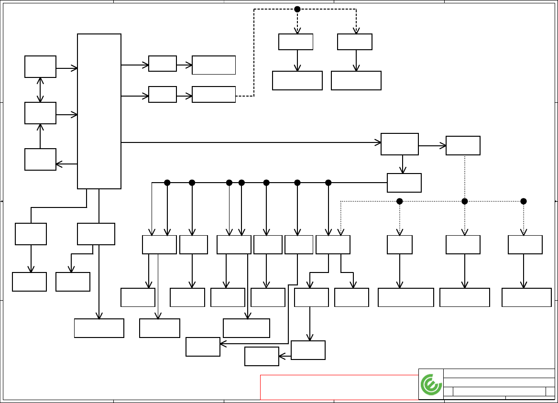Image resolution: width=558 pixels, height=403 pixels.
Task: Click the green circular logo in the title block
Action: [431, 385]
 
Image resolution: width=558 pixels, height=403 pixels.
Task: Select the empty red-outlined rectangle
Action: [339, 387]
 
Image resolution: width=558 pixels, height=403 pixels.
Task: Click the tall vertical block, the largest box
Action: [99, 111]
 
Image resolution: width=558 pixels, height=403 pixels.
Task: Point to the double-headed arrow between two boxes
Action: [40, 90]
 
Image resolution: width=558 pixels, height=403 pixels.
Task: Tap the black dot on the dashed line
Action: [297, 9]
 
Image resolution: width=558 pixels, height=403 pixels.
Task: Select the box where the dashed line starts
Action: [214, 95]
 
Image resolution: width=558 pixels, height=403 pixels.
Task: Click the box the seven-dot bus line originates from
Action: [404, 183]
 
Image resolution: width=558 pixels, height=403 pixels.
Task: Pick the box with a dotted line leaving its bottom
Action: [463, 145]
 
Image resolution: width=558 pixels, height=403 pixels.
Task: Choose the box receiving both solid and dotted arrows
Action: [333, 245]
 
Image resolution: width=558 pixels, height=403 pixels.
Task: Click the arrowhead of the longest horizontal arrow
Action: [378, 142]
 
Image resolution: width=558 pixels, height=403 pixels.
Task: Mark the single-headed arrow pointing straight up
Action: [40, 136]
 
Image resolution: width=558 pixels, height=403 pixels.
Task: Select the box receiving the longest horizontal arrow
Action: [400, 144]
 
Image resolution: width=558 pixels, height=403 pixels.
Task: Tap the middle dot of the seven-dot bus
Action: [242, 183]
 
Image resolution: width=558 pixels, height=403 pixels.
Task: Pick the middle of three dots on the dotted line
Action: [464, 201]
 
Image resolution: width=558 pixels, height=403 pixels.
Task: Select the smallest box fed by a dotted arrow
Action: [400, 245]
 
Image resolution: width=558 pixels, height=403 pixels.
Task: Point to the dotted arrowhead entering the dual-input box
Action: [340, 232]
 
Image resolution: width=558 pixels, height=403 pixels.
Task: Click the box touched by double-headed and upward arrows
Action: [40, 113]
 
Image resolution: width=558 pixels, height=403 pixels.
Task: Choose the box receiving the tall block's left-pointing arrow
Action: [40, 159]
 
